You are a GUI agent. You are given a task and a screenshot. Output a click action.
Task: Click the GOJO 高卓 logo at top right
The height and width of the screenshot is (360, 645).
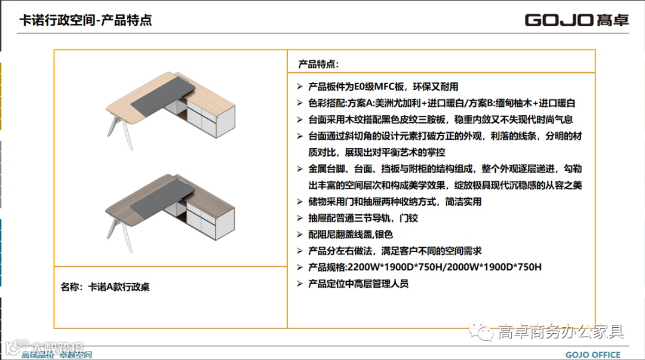(x=576, y=20)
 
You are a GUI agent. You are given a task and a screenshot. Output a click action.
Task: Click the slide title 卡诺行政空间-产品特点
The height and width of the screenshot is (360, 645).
(x=85, y=20)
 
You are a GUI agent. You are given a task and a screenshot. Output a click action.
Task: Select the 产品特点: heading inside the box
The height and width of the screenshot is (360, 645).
(x=318, y=64)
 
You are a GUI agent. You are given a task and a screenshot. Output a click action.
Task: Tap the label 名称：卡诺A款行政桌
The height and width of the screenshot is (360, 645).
(x=105, y=287)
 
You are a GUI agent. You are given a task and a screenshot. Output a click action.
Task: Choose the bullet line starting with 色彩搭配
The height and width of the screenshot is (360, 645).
(x=441, y=103)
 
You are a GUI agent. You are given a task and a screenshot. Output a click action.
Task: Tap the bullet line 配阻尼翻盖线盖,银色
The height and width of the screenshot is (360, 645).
(x=351, y=235)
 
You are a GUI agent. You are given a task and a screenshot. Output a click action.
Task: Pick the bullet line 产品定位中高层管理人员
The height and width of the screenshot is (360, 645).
(x=358, y=284)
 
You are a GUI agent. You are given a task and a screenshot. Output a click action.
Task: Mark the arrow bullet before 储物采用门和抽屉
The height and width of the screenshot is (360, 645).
(x=300, y=202)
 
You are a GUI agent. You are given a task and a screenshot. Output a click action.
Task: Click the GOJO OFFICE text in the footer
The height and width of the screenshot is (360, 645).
(x=593, y=355)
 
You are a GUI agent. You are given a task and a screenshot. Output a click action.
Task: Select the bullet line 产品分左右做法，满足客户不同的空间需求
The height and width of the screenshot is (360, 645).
(x=395, y=251)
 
